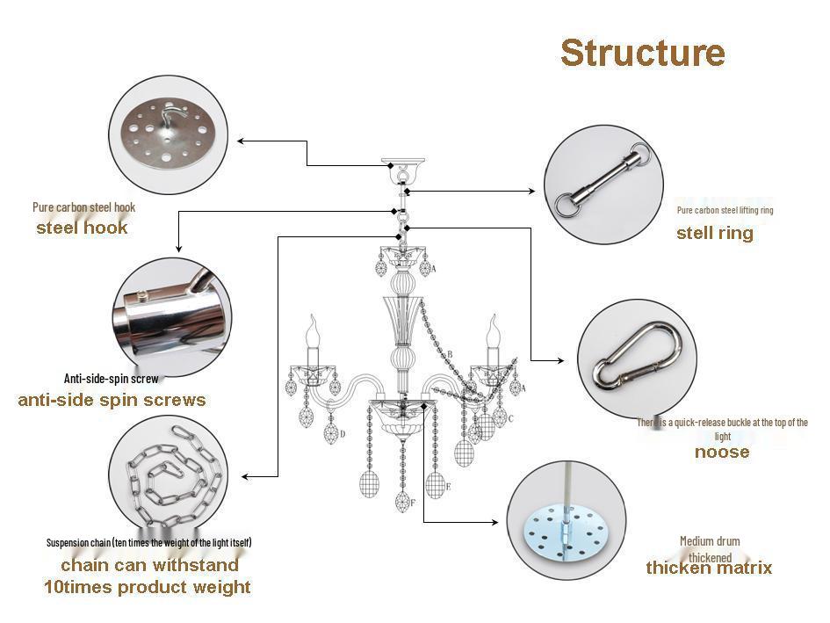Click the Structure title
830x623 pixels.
[642, 53]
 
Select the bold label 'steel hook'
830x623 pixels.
[82, 228]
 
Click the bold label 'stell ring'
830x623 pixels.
[714, 233]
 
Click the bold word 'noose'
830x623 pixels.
[722, 452]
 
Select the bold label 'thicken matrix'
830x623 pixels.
[709, 568]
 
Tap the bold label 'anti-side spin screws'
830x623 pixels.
[112, 400]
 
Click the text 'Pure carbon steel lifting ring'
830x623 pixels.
[725, 210]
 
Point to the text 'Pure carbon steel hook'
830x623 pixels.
[84, 207]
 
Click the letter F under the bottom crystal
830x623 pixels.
[413, 502]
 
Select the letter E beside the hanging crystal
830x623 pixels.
[448, 486]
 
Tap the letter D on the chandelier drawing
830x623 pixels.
[342, 433]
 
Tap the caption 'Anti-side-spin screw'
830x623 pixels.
[112, 379]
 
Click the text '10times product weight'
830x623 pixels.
[148, 587]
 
